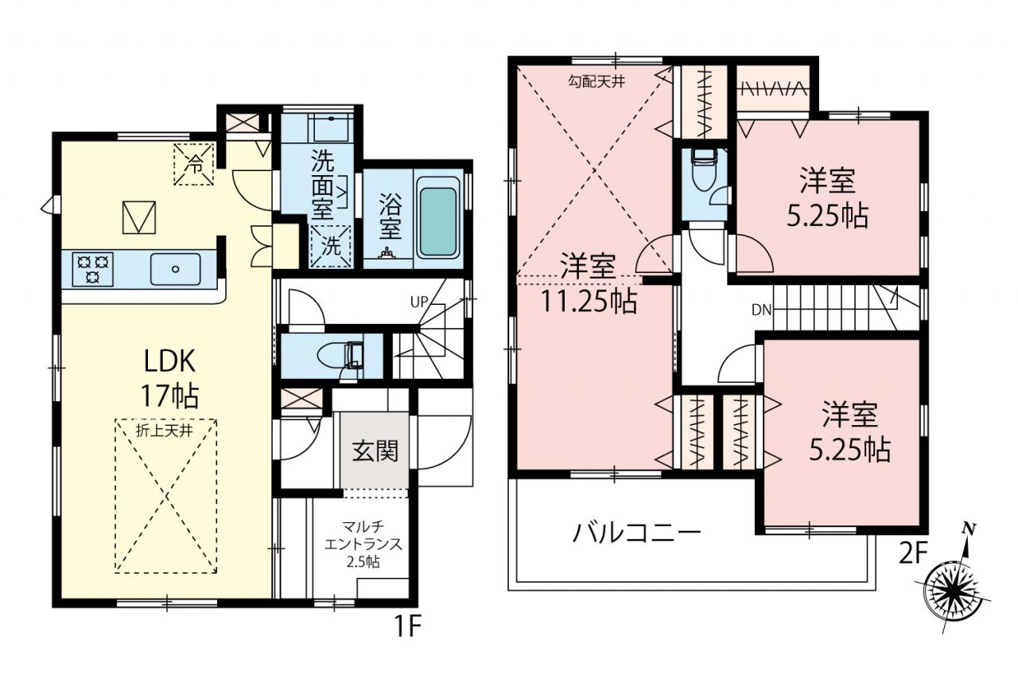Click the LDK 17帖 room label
pos(169,378)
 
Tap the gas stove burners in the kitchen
pos(93,269)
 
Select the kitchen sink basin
pos(176,269)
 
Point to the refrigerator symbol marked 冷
pos(193,164)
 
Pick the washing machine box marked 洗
pos(331,246)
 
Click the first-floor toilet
pos(340,356)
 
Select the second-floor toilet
pos(703,171)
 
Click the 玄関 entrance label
pos(375,451)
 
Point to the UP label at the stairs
pos(418,302)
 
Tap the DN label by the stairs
pos(762,310)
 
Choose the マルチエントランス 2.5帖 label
pos(363,544)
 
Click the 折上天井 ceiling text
pos(165,431)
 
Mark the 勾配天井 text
pos(596,82)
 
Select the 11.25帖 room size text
pos(589,301)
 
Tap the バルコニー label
pos(636,533)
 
